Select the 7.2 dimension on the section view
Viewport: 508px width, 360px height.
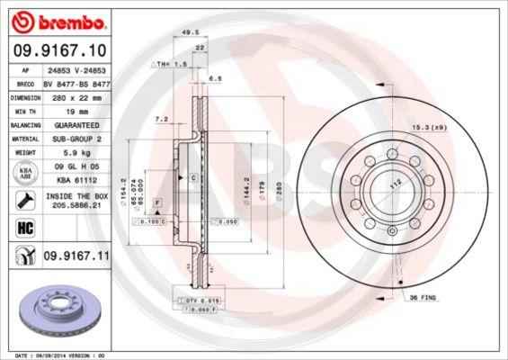coord(163,119)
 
